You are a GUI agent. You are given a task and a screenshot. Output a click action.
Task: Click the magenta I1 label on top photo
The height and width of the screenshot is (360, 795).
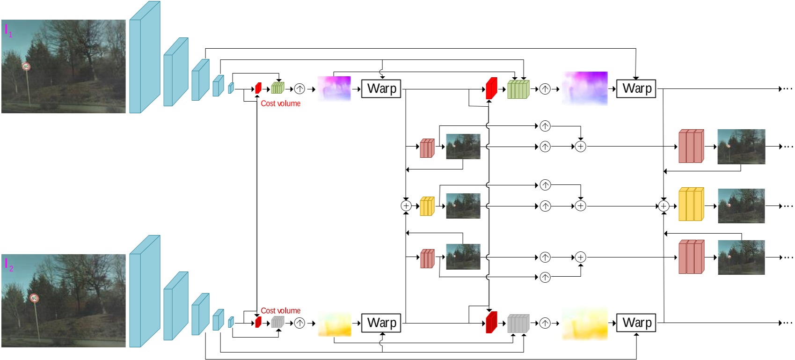click(x=8, y=30)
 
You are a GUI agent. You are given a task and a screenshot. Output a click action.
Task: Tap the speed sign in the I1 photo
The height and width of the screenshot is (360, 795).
click(x=26, y=66)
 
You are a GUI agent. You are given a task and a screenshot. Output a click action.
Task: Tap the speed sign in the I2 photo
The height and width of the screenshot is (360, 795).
click(x=34, y=298)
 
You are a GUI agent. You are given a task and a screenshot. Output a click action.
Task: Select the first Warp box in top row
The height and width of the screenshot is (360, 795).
click(x=381, y=88)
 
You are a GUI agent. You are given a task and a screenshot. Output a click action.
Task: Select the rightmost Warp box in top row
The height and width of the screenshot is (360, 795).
click(x=636, y=88)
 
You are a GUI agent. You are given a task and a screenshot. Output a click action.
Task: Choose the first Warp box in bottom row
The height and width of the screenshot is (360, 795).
click(x=381, y=323)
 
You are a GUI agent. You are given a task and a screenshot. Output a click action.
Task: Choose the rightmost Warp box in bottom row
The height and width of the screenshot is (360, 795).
click(x=636, y=323)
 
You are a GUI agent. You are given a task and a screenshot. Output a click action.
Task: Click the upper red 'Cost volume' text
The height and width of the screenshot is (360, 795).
click(x=280, y=103)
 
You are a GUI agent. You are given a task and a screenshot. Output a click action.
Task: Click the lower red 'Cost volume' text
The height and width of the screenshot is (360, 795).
click(x=280, y=310)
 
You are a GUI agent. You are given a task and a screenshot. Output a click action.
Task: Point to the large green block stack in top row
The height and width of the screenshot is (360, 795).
click(x=518, y=89)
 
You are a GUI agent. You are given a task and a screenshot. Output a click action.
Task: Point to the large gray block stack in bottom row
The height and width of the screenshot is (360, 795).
click(x=518, y=323)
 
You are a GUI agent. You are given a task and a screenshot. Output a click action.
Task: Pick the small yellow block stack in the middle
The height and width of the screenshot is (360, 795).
click(x=427, y=206)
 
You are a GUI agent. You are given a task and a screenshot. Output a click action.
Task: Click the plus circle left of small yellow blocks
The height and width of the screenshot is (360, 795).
click(x=406, y=206)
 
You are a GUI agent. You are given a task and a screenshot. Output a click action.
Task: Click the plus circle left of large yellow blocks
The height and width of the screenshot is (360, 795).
click(x=664, y=206)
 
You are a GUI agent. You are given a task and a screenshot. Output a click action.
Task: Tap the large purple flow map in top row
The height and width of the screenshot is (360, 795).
click(x=585, y=88)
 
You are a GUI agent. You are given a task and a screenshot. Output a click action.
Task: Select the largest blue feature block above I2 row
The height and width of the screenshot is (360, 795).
click(x=145, y=291)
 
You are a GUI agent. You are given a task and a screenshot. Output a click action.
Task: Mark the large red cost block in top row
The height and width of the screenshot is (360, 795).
click(x=491, y=88)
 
